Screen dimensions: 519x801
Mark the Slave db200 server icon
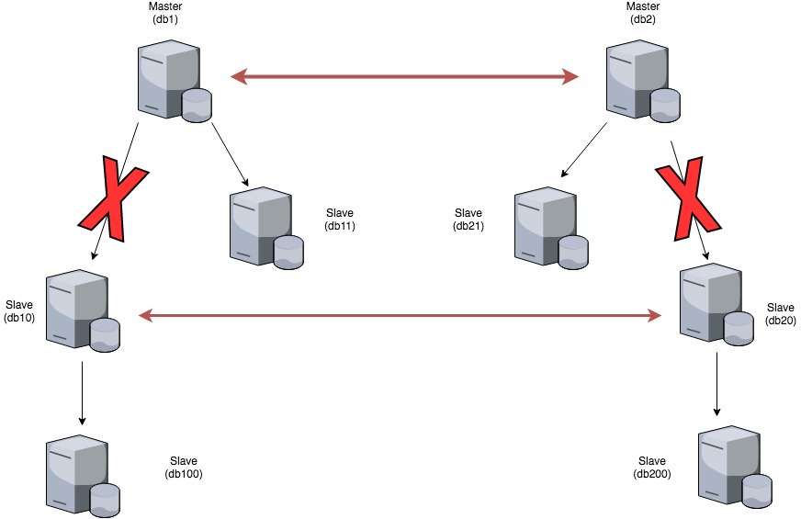point(734,468)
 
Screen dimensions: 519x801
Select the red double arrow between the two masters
point(404,77)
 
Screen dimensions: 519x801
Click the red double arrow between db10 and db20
point(400,316)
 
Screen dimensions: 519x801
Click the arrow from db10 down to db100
point(83,393)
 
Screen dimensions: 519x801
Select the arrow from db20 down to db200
point(716,386)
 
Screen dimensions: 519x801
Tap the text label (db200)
point(651,474)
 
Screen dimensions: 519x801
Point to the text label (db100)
point(184,474)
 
